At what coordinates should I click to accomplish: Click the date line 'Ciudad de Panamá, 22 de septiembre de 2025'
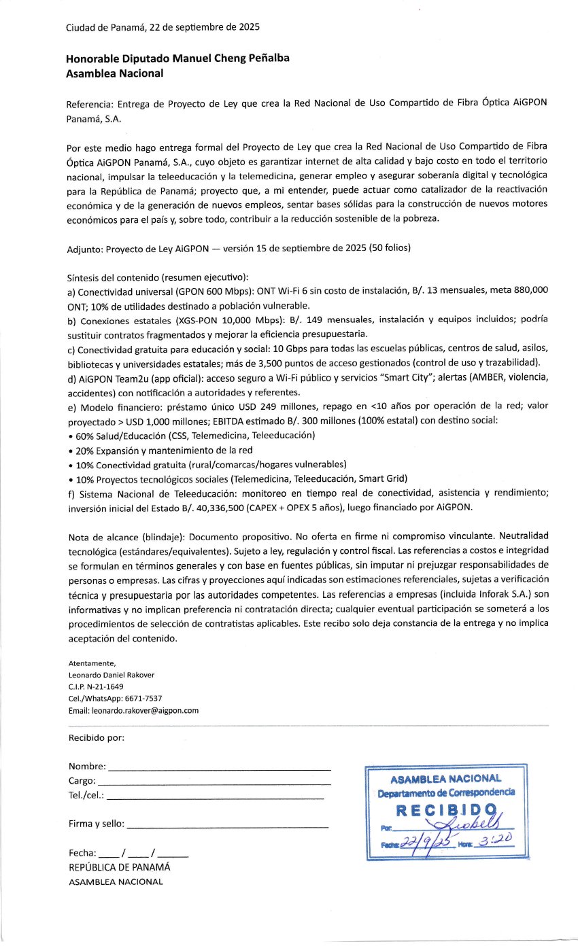point(163,28)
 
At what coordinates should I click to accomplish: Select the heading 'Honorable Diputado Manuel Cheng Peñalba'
point(177,58)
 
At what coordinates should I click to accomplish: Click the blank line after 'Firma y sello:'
point(228,826)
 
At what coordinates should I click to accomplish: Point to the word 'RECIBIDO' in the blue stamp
point(445,810)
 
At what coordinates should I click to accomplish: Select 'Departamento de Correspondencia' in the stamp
point(446,792)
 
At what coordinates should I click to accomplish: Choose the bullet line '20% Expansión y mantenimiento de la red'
point(160,450)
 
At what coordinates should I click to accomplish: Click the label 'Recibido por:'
point(96,738)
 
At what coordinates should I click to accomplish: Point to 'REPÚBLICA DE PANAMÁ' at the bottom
point(119,867)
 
